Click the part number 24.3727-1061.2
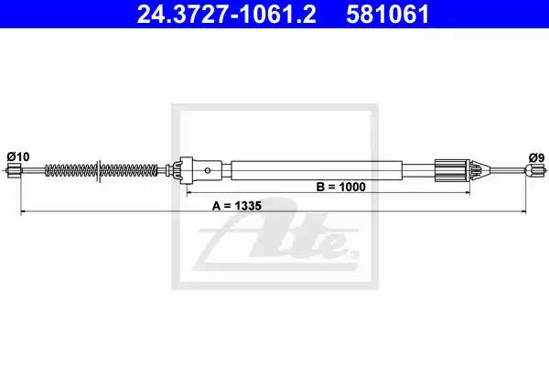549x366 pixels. pyautogui.click(x=227, y=15)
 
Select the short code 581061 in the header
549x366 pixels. pyautogui.click(x=388, y=15)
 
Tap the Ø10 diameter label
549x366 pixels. pyautogui.click(x=18, y=156)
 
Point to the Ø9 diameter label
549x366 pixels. pyautogui.click(x=537, y=157)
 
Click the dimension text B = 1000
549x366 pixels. pyautogui.click(x=340, y=187)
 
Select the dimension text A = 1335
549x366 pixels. pyautogui.click(x=237, y=206)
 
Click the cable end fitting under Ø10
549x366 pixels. pyautogui.click(x=14, y=171)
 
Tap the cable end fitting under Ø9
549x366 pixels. pyautogui.click(x=535, y=170)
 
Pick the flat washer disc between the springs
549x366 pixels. pyautogui.click(x=99, y=170)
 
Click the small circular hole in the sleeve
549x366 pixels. pyautogui.click(x=208, y=170)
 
